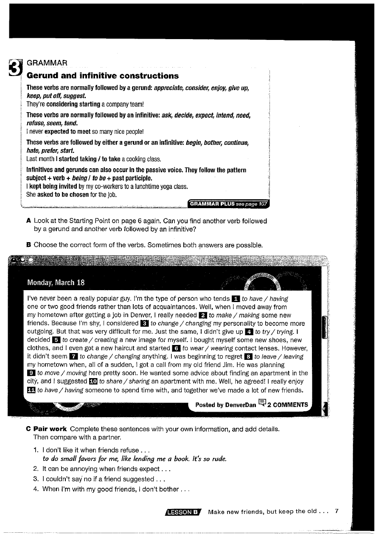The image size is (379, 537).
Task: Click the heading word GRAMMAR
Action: point(47,63)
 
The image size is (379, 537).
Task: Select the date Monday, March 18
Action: point(56,283)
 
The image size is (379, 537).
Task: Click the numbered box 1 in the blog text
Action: point(237,299)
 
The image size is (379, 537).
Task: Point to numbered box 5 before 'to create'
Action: point(56,340)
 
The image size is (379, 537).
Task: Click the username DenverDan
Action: point(241,405)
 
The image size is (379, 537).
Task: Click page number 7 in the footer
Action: point(336,511)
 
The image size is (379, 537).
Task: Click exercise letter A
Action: point(28,221)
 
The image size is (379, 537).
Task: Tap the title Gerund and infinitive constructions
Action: point(103,76)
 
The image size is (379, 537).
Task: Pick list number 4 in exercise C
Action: point(36,489)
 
